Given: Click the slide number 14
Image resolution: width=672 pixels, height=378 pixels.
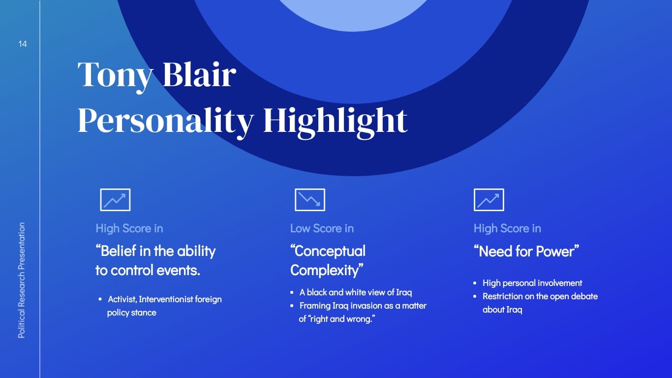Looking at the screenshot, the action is click(23, 44).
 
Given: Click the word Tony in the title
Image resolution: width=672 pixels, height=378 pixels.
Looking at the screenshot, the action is click(115, 75).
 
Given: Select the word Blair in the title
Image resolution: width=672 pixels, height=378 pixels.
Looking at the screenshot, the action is click(199, 74).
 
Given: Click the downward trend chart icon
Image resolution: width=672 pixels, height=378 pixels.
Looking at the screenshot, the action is click(310, 200).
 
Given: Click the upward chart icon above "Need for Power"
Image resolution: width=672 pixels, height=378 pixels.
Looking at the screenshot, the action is click(489, 200).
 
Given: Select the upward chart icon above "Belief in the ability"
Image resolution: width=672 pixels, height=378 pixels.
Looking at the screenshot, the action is click(115, 200).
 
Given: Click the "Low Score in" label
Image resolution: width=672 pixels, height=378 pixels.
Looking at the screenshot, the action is click(322, 228).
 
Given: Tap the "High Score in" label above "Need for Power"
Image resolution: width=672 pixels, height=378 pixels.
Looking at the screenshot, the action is click(507, 228).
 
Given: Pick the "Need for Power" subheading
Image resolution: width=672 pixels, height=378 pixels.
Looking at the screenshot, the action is click(526, 252).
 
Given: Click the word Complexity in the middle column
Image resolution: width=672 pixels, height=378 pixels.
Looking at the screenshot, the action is click(327, 270).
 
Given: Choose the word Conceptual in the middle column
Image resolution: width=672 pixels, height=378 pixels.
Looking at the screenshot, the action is click(328, 252).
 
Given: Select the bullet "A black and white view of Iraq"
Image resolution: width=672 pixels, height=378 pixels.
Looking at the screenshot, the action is click(356, 292).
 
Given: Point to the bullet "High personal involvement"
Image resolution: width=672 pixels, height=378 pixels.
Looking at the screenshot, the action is click(532, 283).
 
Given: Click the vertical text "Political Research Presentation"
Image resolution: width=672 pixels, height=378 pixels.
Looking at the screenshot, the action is click(22, 280).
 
